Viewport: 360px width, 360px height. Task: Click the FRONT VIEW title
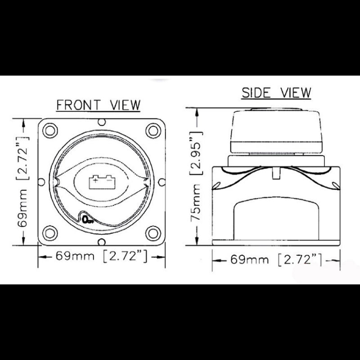98,105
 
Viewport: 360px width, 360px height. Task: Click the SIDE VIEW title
276,93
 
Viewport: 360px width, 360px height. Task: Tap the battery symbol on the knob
102,182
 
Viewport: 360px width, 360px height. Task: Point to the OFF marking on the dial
88,220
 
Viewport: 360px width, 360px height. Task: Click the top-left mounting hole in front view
50,130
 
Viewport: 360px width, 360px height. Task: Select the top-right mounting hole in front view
153,130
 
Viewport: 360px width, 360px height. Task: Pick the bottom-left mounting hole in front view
50,233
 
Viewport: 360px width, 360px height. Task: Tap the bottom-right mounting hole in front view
153,233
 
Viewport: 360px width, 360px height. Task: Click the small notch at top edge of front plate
102,122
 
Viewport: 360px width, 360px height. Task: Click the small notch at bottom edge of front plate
102,242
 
